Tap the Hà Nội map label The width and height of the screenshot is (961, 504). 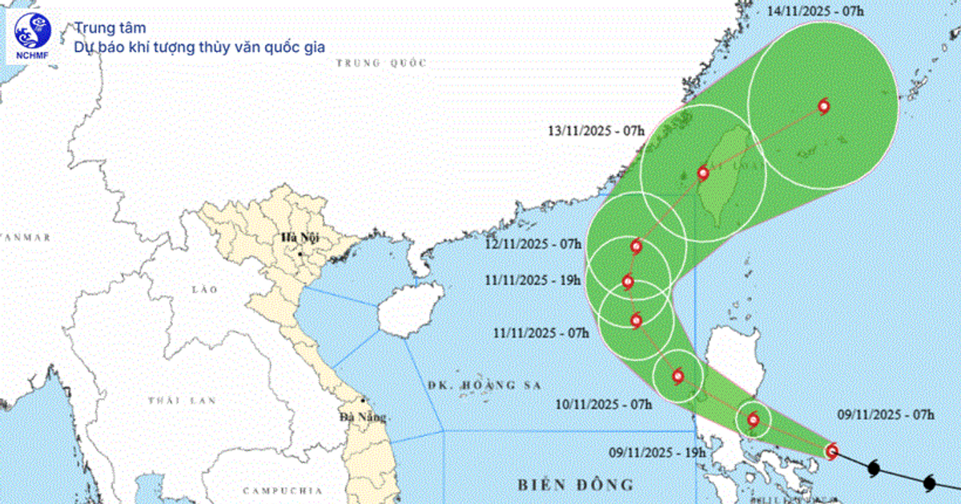point(295,237)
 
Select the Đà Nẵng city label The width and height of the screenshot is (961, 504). point(363,417)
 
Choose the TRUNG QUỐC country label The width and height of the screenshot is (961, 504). point(381,62)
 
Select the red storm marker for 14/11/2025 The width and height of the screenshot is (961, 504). point(823,106)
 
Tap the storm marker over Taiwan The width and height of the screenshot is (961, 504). point(703,173)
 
